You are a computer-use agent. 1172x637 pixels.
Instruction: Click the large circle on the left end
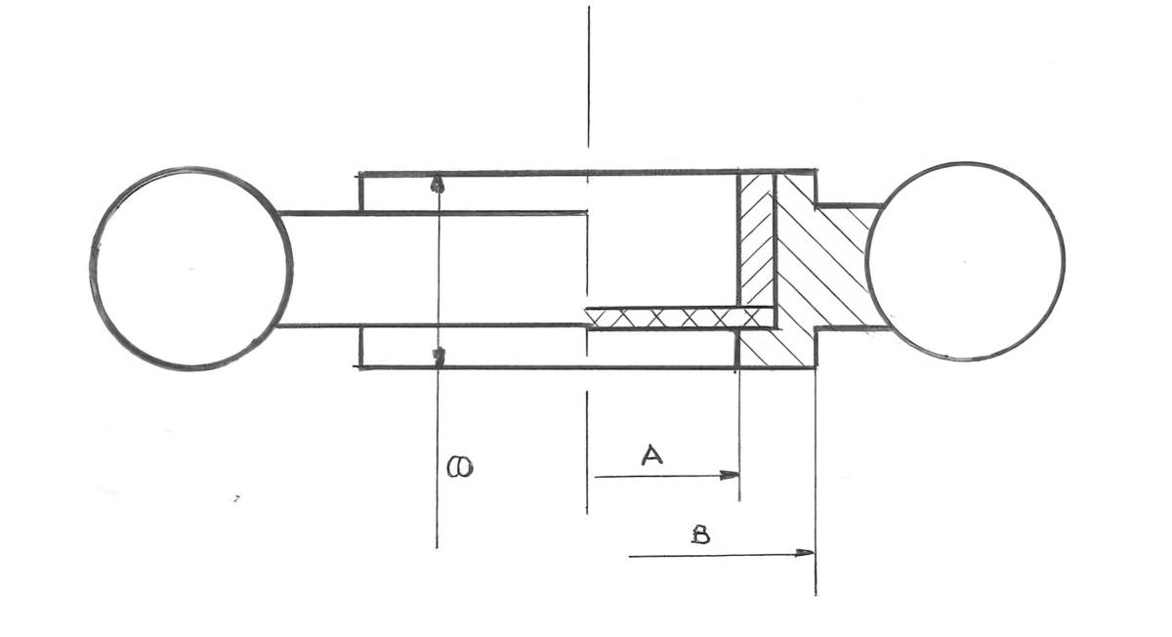click(191, 268)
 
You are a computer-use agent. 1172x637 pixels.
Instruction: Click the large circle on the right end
click(965, 262)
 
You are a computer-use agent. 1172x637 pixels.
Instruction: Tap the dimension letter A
click(651, 454)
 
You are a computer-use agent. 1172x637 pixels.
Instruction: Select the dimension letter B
click(700, 535)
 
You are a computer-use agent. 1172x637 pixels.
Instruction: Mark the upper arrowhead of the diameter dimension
click(438, 184)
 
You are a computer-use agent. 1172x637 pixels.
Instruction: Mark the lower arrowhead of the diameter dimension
click(439, 355)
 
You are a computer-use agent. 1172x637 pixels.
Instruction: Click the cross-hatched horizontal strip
click(674, 317)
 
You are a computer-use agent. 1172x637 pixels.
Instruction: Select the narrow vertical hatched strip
click(756, 239)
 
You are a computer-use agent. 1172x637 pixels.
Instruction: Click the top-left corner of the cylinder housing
click(360, 174)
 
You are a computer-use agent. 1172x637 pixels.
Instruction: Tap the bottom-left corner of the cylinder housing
click(360, 366)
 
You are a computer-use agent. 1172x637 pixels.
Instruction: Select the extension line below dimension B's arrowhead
click(815, 576)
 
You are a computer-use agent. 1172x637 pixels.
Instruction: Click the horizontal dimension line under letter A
click(664, 477)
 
